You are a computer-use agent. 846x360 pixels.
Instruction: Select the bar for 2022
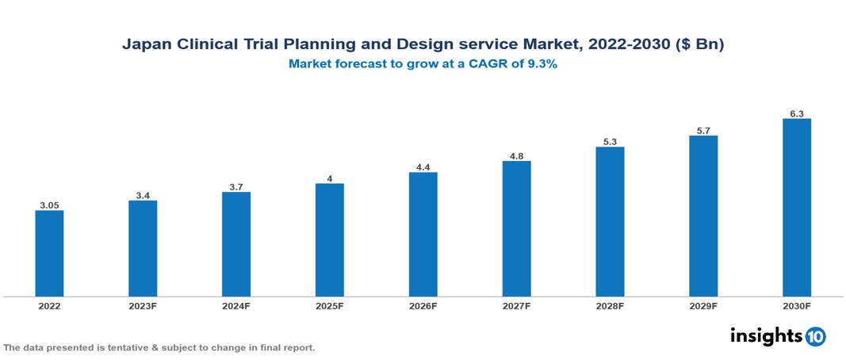[x=49, y=253]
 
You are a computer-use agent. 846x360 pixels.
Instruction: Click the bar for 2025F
[x=329, y=239]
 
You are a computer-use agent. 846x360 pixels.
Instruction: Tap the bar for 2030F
[x=796, y=207]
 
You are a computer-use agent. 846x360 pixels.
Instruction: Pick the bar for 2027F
[x=516, y=228]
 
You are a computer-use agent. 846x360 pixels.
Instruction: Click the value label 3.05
[x=49, y=205]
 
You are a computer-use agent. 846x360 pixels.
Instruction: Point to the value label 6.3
[x=796, y=113]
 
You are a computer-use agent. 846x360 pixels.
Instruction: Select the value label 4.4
[x=423, y=167]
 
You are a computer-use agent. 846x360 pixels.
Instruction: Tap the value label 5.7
[x=702, y=130]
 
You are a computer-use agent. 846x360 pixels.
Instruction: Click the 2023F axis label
[x=143, y=305]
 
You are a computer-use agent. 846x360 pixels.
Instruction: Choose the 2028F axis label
[x=610, y=305]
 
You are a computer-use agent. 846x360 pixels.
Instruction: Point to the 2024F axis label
[x=236, y=305]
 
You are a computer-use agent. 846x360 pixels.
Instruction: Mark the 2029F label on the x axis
[x=702, y=305]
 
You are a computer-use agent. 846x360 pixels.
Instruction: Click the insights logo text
[x=765, y=335]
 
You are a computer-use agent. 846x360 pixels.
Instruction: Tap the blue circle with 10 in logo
[x=815, y=336]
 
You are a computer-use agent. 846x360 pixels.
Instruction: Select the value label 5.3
[x=610, y=141]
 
